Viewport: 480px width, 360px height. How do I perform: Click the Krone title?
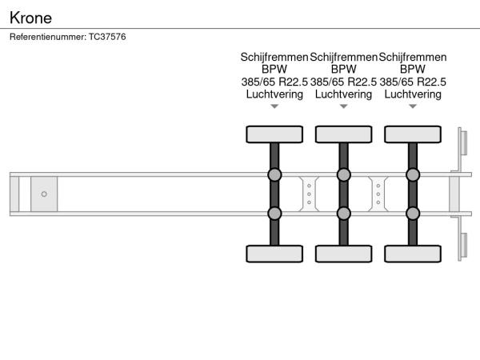30,18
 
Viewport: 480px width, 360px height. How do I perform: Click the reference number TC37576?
107,37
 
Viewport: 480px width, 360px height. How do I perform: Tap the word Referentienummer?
48,37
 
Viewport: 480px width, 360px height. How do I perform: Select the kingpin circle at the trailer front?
44,194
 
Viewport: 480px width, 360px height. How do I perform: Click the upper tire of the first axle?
274,134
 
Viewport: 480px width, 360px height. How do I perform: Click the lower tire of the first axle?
274,254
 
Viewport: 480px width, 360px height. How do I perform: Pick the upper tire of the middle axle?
344,134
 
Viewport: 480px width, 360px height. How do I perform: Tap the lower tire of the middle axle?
344,254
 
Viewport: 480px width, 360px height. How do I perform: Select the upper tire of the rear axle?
413,134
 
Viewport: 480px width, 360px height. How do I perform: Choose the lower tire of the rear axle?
413,254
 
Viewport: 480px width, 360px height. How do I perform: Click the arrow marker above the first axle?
274,106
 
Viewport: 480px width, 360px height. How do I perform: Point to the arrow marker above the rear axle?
413,106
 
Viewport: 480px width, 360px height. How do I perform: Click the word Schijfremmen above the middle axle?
343,58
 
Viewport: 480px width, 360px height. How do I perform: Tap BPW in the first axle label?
274,69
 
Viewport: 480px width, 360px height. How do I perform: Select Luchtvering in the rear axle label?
413,94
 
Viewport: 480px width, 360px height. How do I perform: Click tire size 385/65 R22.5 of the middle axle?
343,82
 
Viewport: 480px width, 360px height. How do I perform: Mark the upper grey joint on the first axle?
274,174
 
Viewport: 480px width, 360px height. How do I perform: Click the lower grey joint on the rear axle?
413,214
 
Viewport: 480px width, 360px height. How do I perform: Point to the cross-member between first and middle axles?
309,194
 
